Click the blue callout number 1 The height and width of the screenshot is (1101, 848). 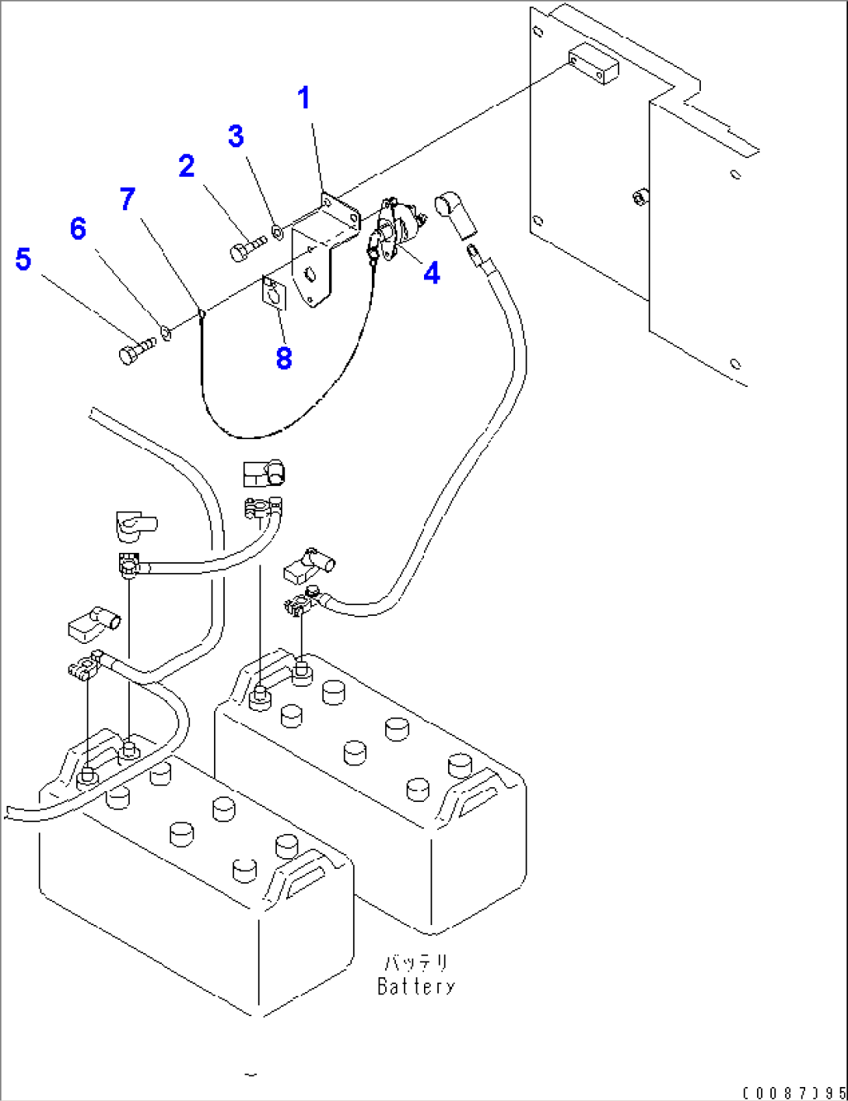coord(304,99)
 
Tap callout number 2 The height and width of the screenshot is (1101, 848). coord(187,166)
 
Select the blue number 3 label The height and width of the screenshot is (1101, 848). coord(237,136)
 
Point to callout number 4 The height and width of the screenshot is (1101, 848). coord(432,273)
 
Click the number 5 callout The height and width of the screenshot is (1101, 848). coord(23,259)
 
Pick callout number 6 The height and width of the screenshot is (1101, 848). coord(78,229)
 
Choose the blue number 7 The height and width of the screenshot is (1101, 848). coord(128,199)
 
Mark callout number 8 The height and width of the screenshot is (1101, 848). coord(284,358)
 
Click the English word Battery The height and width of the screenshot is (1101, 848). coord(416,987)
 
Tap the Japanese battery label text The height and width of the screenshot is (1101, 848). coord(416,963)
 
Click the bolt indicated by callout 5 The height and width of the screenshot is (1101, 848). coord(135,350)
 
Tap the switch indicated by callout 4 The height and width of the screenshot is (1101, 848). coord(397,230)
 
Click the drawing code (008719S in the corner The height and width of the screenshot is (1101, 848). coord(794,1093)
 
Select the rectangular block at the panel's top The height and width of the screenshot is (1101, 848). coord(593,65)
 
